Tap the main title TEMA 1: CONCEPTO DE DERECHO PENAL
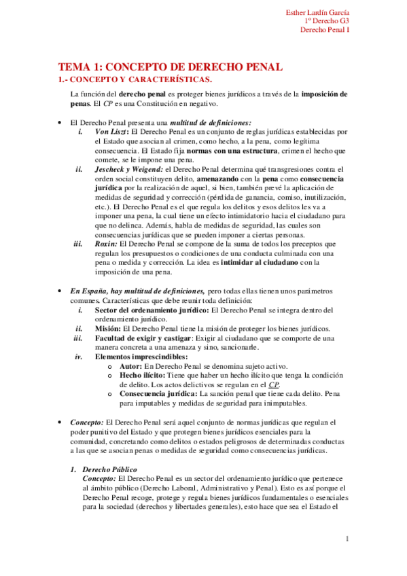(170, 67)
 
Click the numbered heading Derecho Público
(109, 469)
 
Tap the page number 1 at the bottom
(347, 539)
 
